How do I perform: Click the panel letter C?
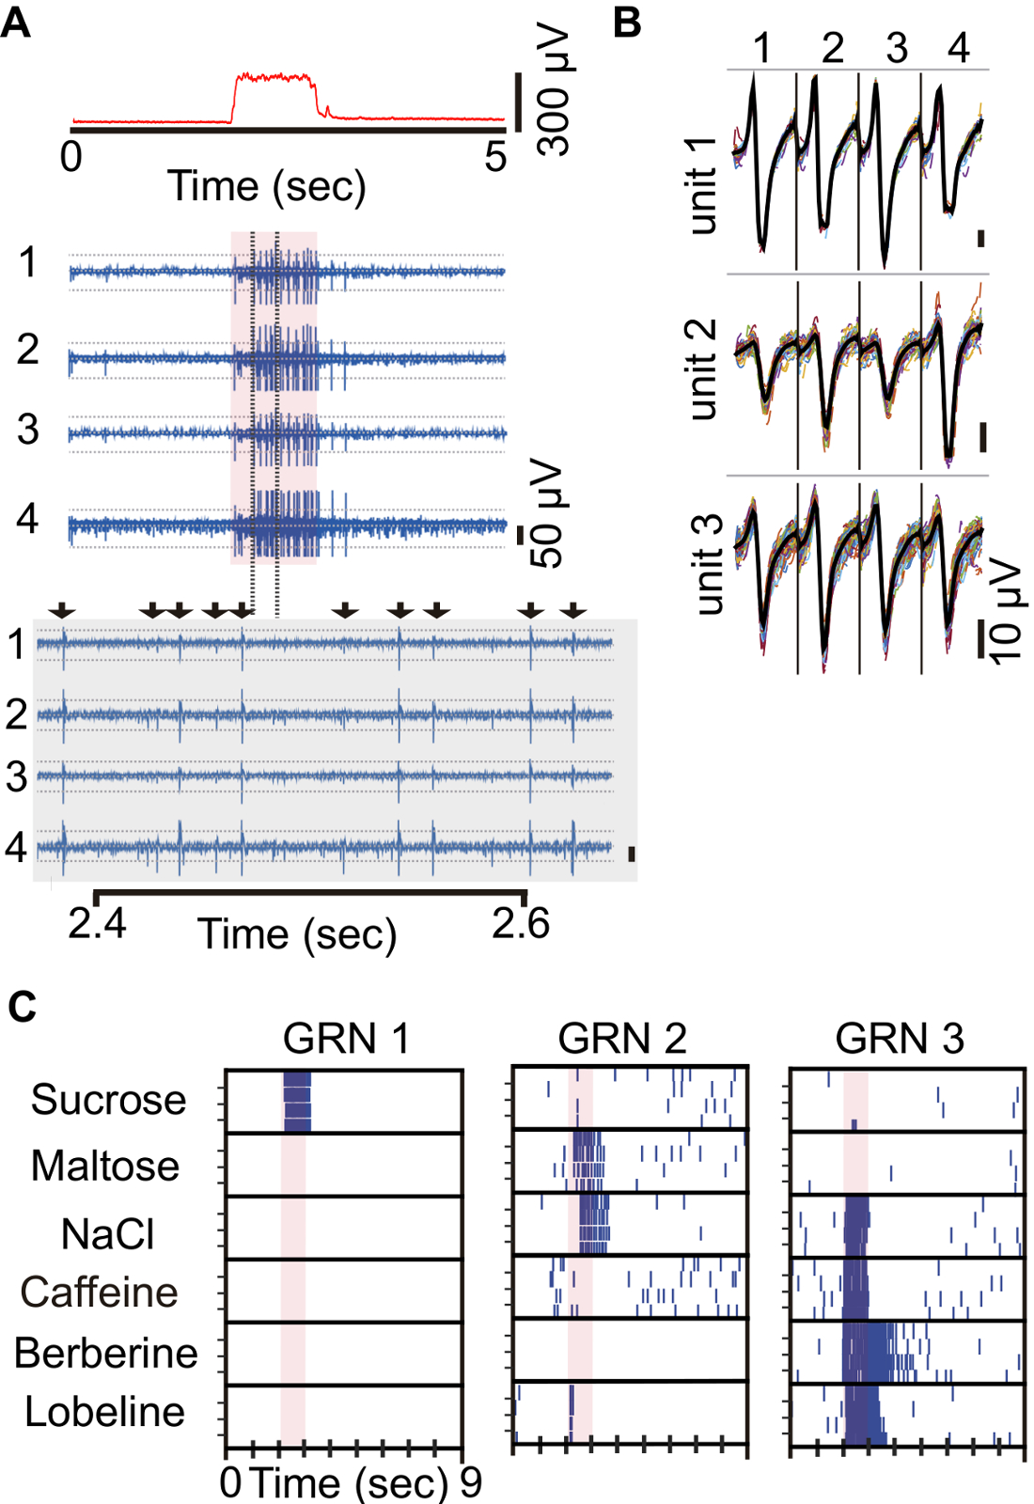[x=22, y=1007]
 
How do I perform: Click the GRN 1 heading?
[x=346, y=1039]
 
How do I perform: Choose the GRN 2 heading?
[x=622, y=1039]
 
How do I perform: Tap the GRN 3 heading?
[x=900, y=1039]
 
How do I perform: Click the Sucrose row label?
[x=108, y=1100]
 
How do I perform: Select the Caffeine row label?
[x=100, y=1292]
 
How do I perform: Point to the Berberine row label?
[x=106, y=1354]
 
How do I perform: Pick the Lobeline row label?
[x=104, y=1412]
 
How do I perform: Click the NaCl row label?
[x=107, y=1234]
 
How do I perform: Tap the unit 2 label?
[x=702, y=369]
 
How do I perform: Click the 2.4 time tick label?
[x=97, y=924]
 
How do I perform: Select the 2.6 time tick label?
[x=521, y=924]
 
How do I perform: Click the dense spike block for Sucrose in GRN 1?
[x=297, y=1102]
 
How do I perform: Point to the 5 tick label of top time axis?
[x=495, y=157]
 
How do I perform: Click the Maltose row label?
[x=105, y=1167]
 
